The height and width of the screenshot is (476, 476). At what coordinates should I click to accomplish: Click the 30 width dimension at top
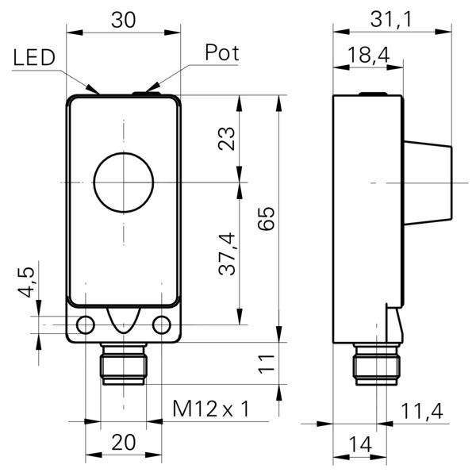pos(123,21)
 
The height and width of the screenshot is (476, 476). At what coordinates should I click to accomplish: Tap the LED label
pos(33,57)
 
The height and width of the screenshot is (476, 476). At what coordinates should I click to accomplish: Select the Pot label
pos(221,53)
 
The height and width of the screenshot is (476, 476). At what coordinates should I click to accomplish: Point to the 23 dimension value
pos(227,140)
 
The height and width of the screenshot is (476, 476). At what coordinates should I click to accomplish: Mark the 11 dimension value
pos(267,363)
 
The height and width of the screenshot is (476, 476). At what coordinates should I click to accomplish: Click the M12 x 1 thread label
pos(211,409)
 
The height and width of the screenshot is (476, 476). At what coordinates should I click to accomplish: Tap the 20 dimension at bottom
pos(122,443)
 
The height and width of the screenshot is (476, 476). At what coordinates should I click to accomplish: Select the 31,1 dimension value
pos(392,21)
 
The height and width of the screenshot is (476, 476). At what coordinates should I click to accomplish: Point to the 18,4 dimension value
pos(368,56)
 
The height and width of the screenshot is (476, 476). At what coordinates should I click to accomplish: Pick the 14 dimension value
pos(360,444)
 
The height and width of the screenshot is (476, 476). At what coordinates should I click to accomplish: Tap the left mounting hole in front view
pos(85,324)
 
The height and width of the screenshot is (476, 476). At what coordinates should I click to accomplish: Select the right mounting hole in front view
pos(161,324)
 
